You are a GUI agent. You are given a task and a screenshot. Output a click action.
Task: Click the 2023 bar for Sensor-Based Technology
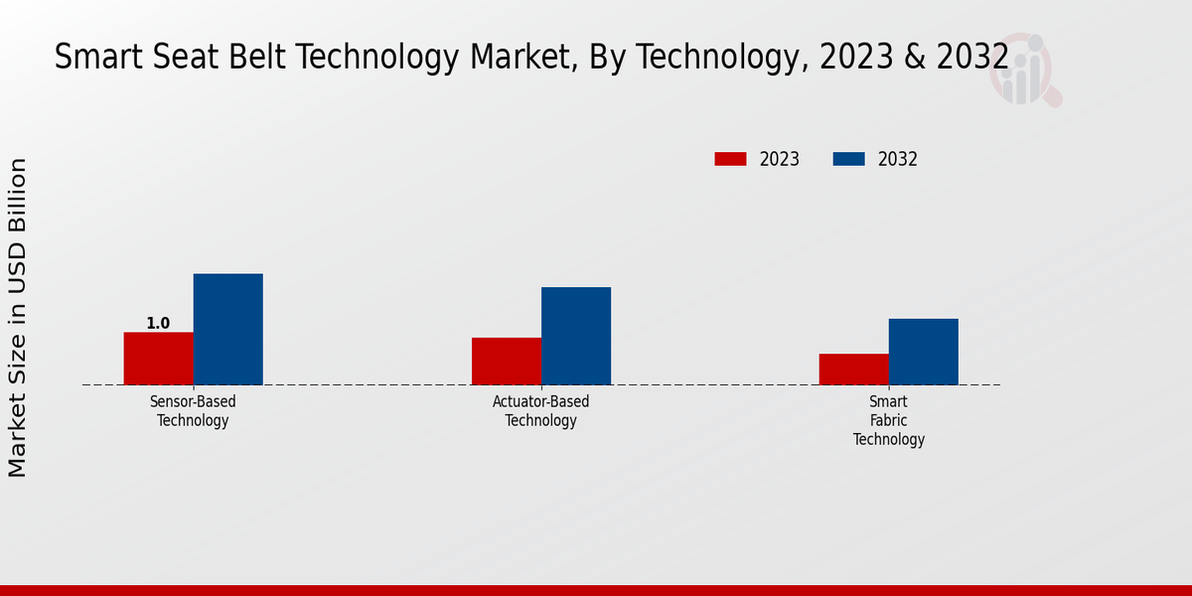[x=158, y=359]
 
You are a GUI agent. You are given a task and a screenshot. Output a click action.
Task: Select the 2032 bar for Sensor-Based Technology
[x=227, y=329]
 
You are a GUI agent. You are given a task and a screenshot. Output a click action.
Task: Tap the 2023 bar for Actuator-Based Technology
[x=507, y=362]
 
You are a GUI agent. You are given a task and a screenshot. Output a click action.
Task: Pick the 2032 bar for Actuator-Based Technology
[x=576, y=336]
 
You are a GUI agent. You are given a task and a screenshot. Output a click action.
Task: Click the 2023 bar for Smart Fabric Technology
[x=853, y=370]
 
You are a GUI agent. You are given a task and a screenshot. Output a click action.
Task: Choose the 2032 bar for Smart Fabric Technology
[x=923, y=352]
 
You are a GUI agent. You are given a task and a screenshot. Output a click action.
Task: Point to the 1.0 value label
[x=158, y=324]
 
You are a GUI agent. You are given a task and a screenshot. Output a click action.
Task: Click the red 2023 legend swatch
[x=730, y=159]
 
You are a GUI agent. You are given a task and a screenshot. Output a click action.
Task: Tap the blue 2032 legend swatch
[x=848, y=159]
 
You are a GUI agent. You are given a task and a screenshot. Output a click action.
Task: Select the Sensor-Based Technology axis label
[x=193, y=411]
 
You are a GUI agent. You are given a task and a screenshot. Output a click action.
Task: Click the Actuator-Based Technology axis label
[x=540, y=411]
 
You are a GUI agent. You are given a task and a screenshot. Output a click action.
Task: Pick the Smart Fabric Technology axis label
[x=888, y=420]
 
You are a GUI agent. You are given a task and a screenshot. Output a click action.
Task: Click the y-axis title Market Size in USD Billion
[x=18, y=318]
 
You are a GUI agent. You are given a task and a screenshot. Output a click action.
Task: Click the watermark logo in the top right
[x=1025, y=70]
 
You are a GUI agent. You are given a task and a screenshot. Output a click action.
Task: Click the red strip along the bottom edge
[x=596, y=590]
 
